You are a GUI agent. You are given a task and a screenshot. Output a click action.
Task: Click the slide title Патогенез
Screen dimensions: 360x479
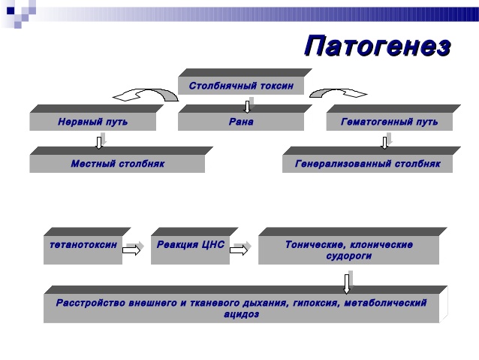click(378, 46)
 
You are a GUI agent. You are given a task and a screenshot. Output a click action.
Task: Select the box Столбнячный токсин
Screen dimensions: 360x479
click(240, 86)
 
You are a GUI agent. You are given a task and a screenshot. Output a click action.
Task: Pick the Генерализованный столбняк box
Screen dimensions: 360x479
click(367, 163)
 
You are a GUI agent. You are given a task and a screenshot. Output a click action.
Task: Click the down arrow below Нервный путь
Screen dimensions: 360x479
click(99, 141)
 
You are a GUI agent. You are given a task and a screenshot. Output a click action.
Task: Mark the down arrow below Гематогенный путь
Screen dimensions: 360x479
click(385, 141)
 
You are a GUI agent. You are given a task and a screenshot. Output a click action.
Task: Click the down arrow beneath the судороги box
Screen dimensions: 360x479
click(347, 282)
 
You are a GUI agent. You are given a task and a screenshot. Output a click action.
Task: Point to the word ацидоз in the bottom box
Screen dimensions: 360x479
click(242, 314)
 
